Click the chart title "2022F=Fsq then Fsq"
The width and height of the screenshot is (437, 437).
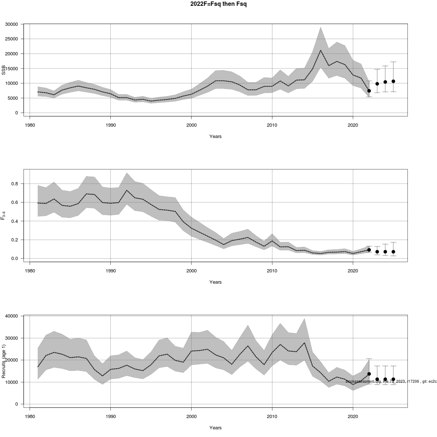click(x=219, y=4)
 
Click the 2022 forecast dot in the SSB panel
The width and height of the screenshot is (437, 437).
click(x=369, y=91)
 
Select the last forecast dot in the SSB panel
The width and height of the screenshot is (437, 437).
click(x=393, y=81)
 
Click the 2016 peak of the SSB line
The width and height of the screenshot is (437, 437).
click(x=320, y=50)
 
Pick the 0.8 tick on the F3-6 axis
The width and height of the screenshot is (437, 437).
click(x=14, y=184)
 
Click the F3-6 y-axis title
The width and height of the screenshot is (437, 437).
click(x=4, y=216)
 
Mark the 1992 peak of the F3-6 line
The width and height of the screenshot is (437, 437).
click(x=127, y=190)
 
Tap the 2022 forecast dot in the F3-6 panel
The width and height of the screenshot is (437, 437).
click(x=369, y=250)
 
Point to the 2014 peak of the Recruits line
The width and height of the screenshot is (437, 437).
click(x=304, y=343)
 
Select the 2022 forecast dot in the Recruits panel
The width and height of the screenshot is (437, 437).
click(x=369, y=374)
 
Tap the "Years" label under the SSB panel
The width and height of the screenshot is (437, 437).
click(x=216, y=137)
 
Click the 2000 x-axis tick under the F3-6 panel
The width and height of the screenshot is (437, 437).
click(x=192, y=271)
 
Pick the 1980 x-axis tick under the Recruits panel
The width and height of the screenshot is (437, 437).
click(x=30, y=416)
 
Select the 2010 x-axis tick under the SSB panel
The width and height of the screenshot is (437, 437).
click(x=272, y=125)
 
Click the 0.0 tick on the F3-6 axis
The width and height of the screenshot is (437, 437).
click(x=14, y=259)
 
